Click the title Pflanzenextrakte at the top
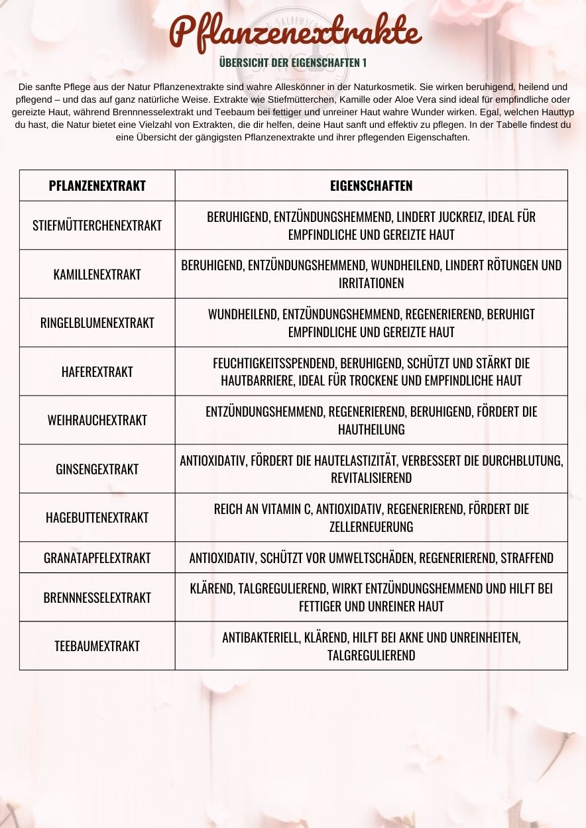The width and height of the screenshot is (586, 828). coord(295,32)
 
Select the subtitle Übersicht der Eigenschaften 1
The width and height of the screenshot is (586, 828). coord(292,63)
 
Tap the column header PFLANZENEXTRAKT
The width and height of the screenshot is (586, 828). coord(97,185)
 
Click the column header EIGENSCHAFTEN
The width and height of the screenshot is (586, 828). coord(371,185)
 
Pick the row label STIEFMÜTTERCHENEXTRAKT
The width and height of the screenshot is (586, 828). coord(97,225)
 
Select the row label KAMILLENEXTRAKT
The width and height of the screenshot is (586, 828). coord(97,274)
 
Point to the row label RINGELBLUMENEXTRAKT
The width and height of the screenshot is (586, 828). coord(97,323)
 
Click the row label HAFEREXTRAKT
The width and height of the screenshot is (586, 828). coord(97,372)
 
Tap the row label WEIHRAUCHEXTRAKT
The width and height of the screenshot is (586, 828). coord(97,420)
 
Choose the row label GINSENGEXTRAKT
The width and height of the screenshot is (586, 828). coord(97,469)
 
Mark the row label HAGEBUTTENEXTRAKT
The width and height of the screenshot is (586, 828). coord(97,517)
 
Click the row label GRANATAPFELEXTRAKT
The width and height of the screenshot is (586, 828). coord(97,558)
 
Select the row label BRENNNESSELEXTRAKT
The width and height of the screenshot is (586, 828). coord(97,597)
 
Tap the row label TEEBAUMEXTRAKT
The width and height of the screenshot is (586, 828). coord(97,646)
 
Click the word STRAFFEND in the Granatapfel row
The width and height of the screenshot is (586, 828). coord(527,558)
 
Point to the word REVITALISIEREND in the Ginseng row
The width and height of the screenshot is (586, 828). coord(371,478)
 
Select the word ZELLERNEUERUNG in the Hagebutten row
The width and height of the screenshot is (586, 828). coord(371,527)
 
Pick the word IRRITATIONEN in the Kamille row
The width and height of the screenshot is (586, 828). coord(371,284)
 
